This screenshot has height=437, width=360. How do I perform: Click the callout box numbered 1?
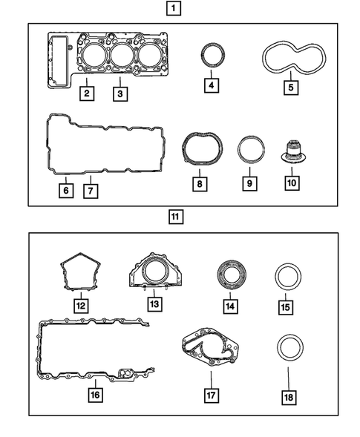tap(173, 10)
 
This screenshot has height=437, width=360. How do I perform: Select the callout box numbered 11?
tap(174, 217)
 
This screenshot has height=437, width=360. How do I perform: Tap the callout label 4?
tap(212, 86)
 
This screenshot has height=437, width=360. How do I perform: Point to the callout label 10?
tap(292, 182)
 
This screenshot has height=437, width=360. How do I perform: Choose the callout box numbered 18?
tap(287, 398)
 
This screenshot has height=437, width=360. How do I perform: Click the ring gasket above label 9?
tap(249, 148)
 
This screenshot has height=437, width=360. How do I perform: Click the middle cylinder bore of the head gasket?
tap(120, 55)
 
